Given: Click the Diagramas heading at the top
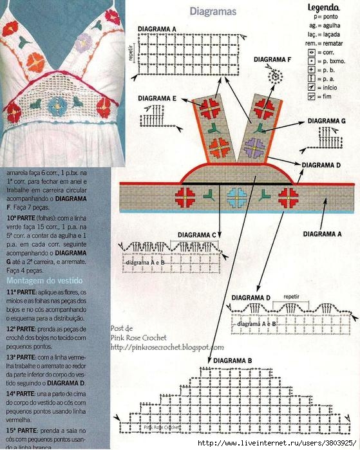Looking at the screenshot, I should coord(213,12).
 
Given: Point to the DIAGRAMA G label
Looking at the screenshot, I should coord(326,120).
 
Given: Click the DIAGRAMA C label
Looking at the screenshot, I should coord(215,235).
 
